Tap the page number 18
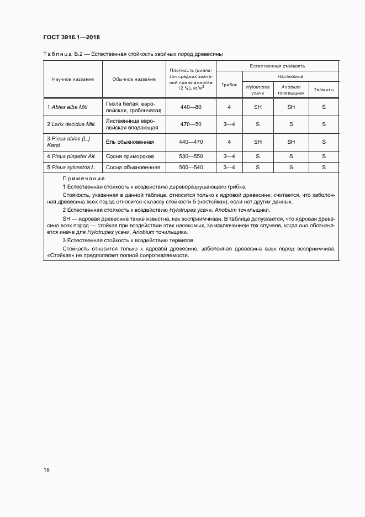pyautogui.click(x=47, y=470)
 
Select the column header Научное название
pyautogui.click(x=73, y=79)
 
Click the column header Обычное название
pyautogui.click(x=134, y=79)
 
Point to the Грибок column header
pyautogui.click(x=229, y=86)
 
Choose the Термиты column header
pyautogui.click(x=324, y=90)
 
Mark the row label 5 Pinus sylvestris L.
pyautogui.click(x=72, y=167)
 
